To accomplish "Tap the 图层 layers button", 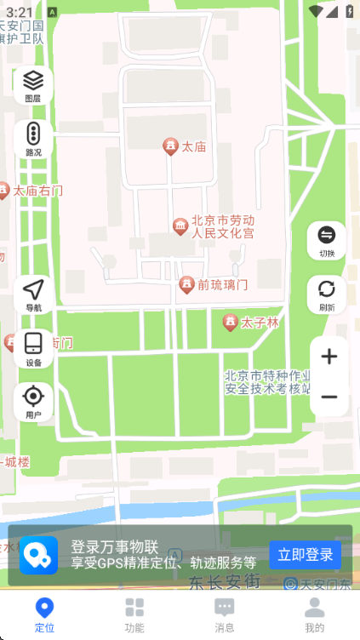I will (33, 85).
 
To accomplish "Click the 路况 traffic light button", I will (33, 140).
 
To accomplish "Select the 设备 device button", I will (33, 348).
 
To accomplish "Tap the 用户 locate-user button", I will (33, 401).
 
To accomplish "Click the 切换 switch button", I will (327, 240).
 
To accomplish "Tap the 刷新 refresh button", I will (327, 294).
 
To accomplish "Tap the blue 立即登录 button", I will (306, 555).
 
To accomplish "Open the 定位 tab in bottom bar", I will (44, 614).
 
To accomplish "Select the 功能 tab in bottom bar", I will (134, 614).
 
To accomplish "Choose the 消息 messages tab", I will (225, 614).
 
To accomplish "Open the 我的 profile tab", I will (315, 614).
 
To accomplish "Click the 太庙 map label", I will (193, 147).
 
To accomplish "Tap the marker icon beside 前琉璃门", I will (186, 285).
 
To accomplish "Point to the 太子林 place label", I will (260, 323).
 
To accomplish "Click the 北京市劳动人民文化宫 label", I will (223, 226).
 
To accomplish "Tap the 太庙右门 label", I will (37, 191).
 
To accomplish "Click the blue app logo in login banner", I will (39, 555).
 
